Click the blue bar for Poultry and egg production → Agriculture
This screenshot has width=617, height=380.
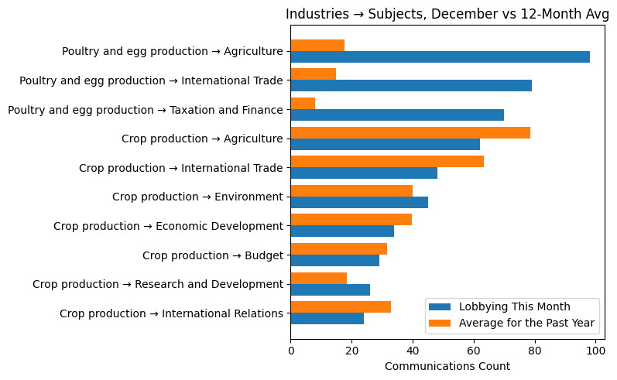point(440,56)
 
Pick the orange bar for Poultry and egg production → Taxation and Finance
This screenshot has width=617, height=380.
point(303,103)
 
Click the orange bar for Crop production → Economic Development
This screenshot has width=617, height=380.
point(351,220)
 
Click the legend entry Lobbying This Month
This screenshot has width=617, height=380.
point(515,306)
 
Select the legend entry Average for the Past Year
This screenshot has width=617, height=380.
point(526,322)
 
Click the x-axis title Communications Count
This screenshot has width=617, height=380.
point(447,366)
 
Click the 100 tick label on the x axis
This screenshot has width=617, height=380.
point(595,351)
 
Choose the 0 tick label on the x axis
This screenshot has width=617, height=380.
point(291,351)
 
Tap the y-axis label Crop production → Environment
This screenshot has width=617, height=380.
point(197,197)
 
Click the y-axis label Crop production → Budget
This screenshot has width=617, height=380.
point(213,255)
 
